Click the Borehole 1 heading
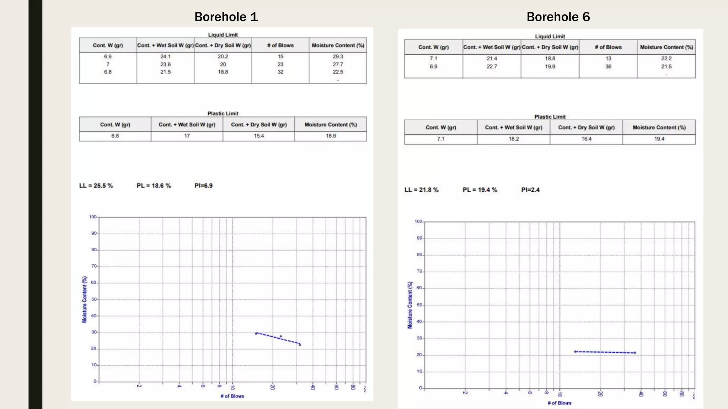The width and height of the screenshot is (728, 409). coord(226,17)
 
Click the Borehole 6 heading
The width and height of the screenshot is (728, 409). coord(558,17)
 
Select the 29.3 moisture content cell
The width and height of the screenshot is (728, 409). coord(338,56)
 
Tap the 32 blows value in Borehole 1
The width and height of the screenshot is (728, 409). coord(280,72)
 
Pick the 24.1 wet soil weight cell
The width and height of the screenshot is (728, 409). coord(165,56)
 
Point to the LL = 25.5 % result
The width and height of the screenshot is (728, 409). coord(96,186)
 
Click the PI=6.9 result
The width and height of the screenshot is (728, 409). coord(203,186)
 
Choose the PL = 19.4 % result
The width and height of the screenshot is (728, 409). coord(480,190)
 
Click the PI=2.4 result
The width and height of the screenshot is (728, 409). coord(530,190)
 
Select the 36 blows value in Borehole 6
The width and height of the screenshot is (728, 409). coord(608,66)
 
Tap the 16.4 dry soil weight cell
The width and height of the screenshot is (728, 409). coord(586,139)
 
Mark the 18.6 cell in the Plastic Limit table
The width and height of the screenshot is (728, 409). coord(331,136)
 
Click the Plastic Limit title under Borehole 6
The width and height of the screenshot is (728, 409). coord(550,116)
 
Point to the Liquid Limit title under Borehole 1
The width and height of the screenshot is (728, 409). coord(223,35)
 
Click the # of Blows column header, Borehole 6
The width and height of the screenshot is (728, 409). coord(608,47)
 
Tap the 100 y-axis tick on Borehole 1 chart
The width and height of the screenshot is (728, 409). coord(93,217)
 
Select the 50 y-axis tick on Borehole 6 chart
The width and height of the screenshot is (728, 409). coord(419,305)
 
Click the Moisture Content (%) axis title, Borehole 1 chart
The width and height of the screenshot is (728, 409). coord(85,299)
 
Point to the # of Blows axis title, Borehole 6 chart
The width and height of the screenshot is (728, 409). coord(559,403)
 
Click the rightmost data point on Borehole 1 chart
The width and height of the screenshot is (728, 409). coord(300,344)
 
